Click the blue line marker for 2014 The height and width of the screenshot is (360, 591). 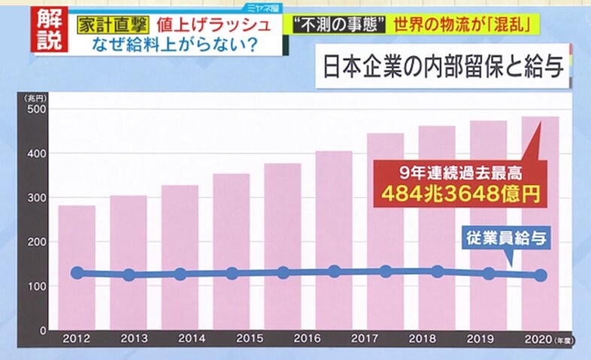(x=180, y=274)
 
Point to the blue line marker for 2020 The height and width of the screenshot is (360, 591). (x=540, y=275)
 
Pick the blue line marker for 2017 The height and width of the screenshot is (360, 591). (x=386, y=271)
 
